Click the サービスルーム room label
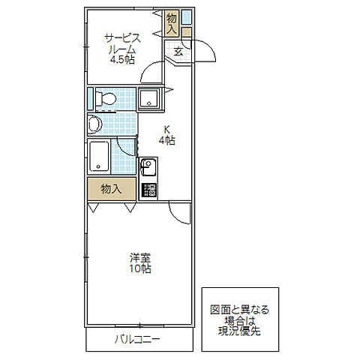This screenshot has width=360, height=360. pos(122,44)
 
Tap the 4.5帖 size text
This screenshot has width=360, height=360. pos(122,60)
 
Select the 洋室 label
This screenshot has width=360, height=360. pos(140,257)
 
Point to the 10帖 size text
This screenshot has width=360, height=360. pos(140,268)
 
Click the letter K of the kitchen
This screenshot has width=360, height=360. pos(166,130)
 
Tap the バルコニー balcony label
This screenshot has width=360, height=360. pos(137,340)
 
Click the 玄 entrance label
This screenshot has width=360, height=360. pos(178,52)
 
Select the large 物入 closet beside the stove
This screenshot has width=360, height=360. pos(112,189)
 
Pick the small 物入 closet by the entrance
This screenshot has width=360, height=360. pos(172,23)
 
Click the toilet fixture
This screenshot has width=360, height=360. pos(106,99)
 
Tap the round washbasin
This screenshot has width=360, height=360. pos(94,124)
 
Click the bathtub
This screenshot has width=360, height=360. pos(99,156)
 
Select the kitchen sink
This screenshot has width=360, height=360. pos(148,168)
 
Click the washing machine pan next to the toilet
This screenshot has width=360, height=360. pos(149,99)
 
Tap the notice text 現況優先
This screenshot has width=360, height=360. pos(239,331)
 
